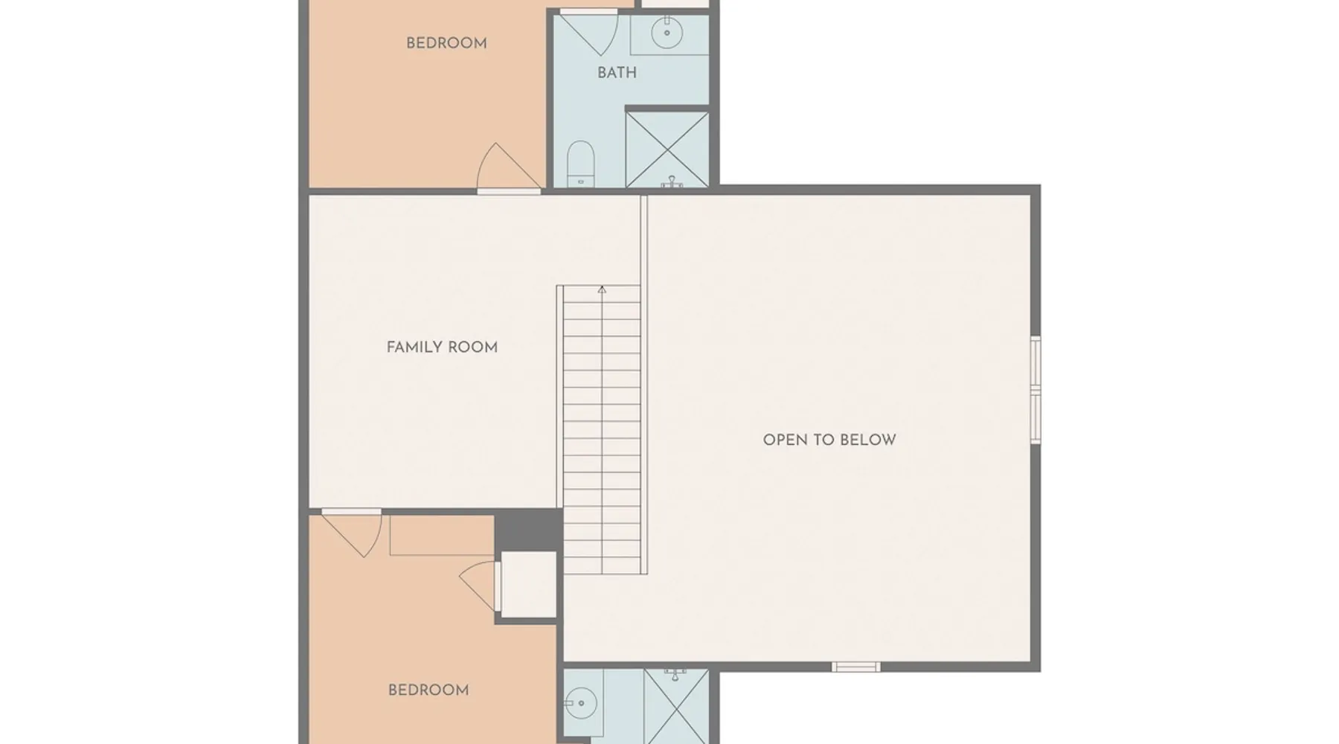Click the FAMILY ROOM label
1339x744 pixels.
tap(442, 347)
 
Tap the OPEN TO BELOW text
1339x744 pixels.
tap(829, 440)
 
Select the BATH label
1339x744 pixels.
tap(617, 73)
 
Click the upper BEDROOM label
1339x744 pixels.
tap(446, 43)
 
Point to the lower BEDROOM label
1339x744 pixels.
tap(428, 690)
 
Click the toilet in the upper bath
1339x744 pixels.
tap(580, 164)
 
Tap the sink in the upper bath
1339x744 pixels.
tap(667, 32)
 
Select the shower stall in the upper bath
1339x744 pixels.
tap(667, 150)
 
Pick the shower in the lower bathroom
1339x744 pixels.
tap(676, 707)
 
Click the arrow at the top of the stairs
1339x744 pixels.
tap(602, 289)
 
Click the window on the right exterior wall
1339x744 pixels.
tap(1035, 390)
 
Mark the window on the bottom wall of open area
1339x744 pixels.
tap(855, 667)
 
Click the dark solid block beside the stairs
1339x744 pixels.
tap(528, 530)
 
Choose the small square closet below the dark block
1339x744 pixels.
tap(528, 584)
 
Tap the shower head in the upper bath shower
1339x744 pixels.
tap(672, 182)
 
